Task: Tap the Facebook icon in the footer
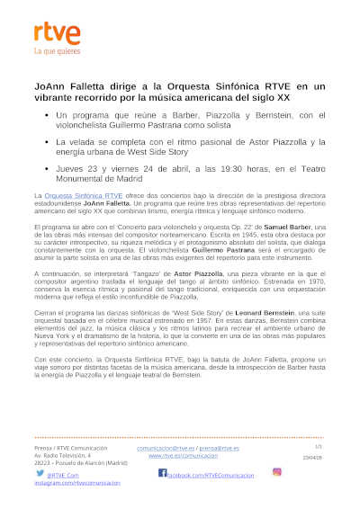click(162, 472)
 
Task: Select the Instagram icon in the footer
click(277, 472)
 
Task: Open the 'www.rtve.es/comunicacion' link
click(183, 456)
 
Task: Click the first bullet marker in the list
click(45, 115)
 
